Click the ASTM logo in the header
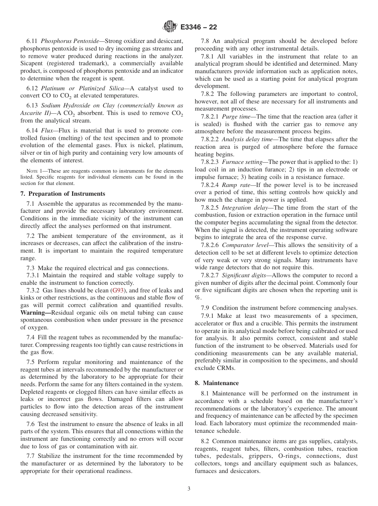170,27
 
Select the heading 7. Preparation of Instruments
63,194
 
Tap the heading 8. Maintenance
217,383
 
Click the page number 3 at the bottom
189,489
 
